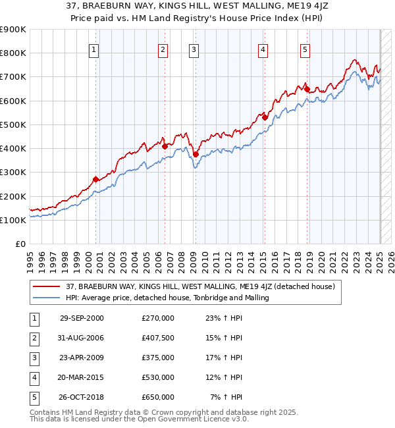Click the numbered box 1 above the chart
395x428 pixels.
[x=94, y=48]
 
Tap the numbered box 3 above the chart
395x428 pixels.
[x=194, y=48]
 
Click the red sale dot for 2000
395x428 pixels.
[x=96, y=179]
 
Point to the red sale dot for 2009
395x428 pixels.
[x=196, y=154]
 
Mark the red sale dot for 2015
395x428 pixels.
[x=265, y=117]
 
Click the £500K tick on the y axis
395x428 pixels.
[x=14, y=124]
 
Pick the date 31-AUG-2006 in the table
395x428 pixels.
[x=82, y=338]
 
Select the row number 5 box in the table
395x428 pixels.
[x=34, y=397]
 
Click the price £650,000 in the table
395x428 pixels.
[x=158, y=397]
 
